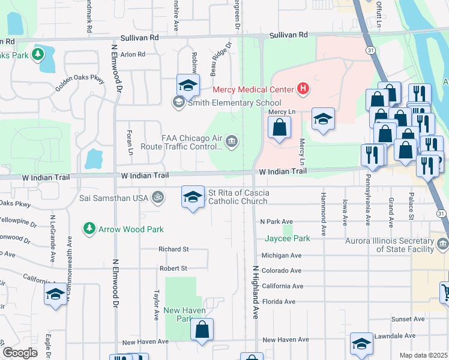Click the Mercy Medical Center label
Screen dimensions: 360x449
252,90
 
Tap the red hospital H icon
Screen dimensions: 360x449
303,90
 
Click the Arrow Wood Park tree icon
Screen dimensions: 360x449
89,229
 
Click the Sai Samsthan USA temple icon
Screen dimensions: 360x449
158,197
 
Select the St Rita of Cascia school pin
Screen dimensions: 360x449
192,197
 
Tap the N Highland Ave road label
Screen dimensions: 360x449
255,292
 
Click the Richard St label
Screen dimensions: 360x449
173,249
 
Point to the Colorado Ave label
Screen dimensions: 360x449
282,271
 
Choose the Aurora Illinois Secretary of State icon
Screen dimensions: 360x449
443,244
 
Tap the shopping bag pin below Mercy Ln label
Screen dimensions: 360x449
280,127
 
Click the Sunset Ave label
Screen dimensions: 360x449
403,319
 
